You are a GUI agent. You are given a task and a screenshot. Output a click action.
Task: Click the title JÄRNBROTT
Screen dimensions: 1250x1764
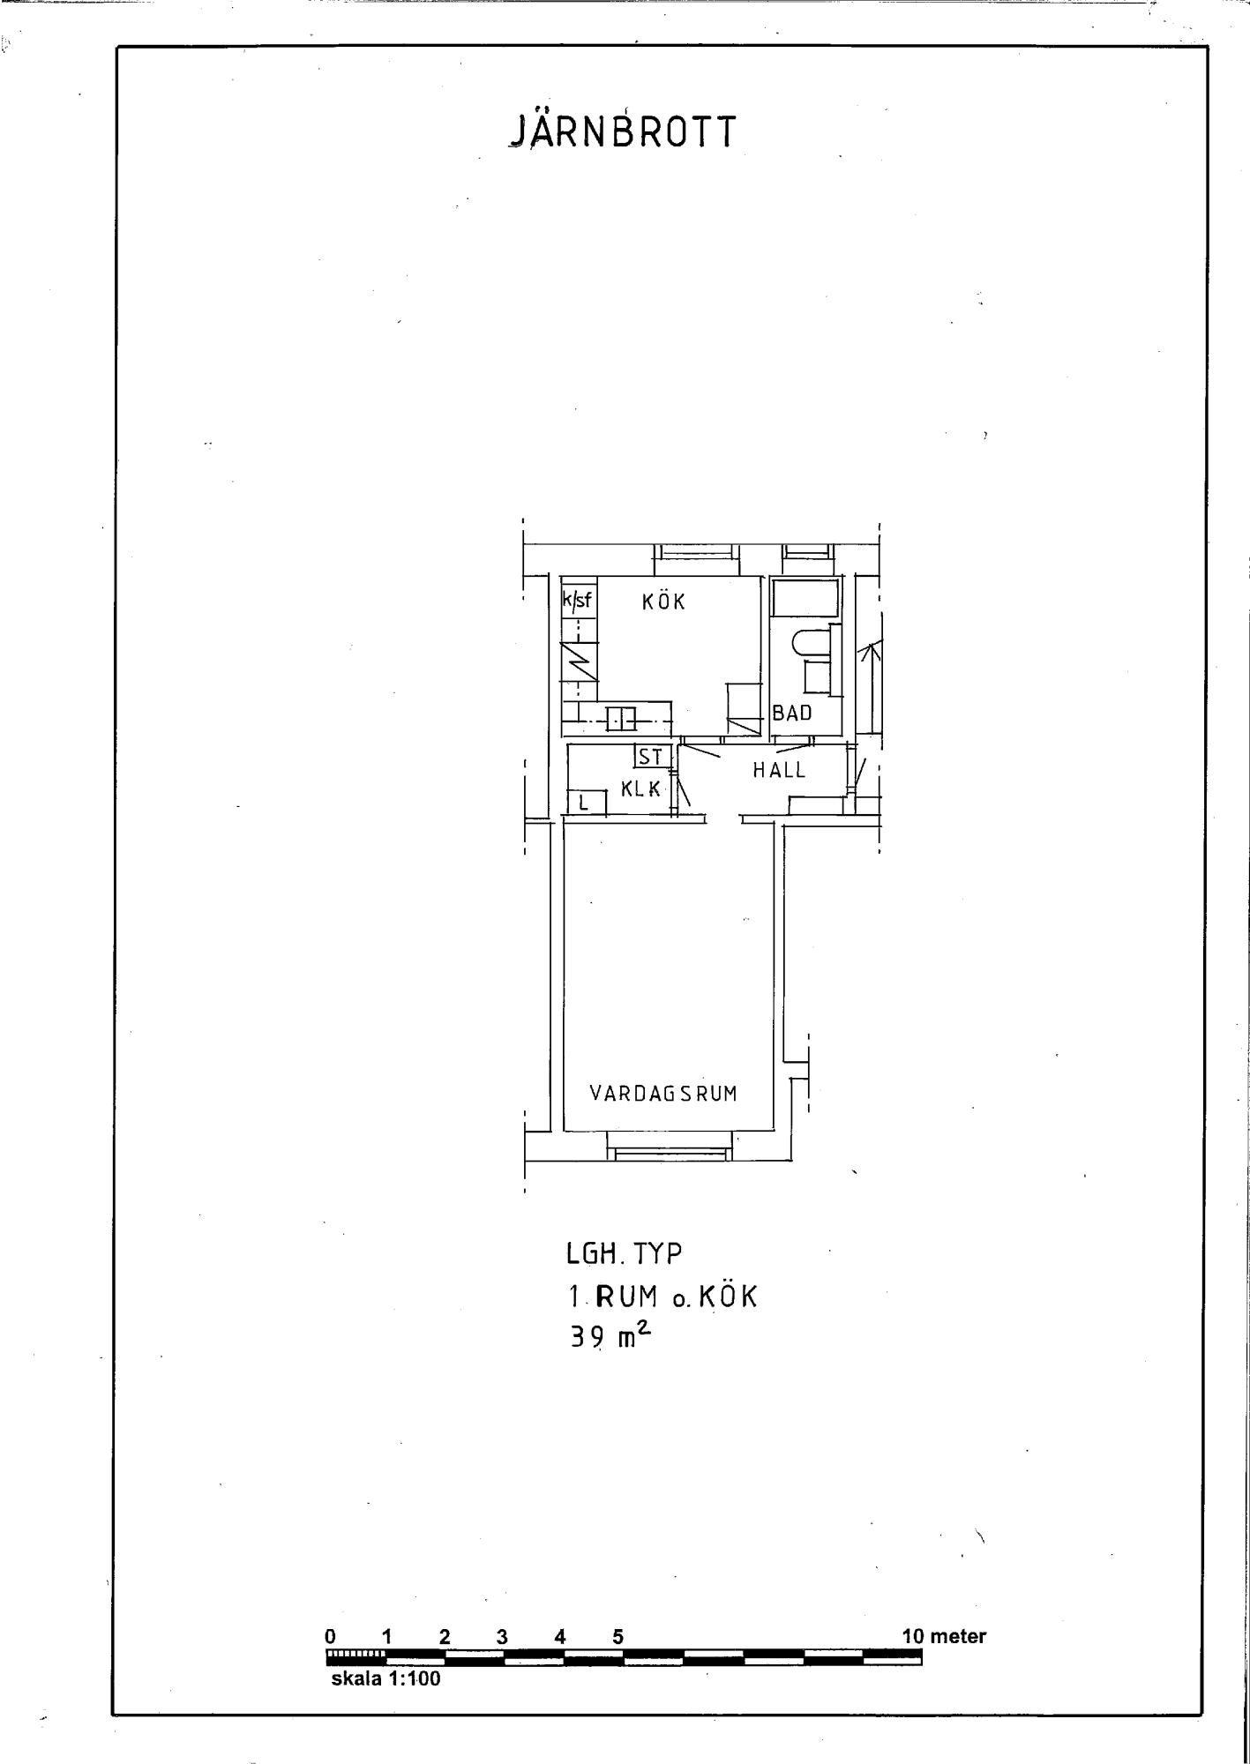623,131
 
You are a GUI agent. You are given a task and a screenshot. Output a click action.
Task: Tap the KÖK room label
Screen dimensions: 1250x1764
663,602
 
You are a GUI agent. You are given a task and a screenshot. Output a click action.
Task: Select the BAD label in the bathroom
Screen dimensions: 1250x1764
792,713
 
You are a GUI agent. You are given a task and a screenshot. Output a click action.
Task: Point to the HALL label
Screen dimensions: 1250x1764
779,770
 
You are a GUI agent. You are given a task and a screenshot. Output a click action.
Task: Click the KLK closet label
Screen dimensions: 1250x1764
641,789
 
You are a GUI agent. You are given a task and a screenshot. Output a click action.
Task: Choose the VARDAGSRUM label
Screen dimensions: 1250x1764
663,1094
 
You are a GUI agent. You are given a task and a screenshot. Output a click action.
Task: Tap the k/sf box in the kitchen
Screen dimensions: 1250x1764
578,602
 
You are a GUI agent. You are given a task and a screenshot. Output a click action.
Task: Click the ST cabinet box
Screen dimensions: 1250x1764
651,757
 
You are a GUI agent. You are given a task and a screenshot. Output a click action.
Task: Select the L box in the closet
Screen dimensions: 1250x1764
586,803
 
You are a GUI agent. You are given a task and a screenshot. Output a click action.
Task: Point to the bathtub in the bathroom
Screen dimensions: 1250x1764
805,598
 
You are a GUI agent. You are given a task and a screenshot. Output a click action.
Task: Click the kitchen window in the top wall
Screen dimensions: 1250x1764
696,552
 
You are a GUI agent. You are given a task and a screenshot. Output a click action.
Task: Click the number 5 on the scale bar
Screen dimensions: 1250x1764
618,1637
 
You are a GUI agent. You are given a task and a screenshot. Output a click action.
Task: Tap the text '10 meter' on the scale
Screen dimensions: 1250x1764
944,1636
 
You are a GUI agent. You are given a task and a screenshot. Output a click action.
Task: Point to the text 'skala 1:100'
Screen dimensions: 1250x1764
385,1678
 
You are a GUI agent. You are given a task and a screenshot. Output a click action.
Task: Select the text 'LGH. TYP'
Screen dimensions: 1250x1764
624,1253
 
